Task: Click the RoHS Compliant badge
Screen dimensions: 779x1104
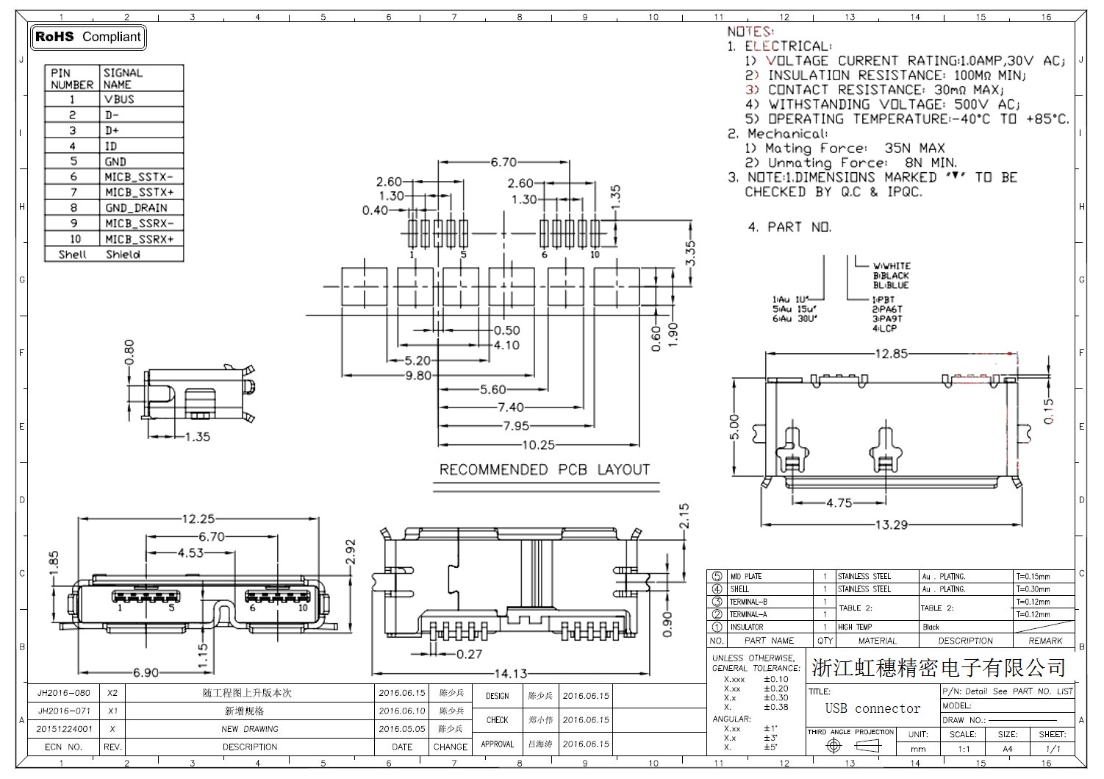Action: [x=88, y=37]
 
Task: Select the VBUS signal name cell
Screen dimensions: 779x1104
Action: [x=119, y=99]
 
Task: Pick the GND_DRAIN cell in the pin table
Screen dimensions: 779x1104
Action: [x=136, y=208]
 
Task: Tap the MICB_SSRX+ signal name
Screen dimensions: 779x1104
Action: [x=139, y=240]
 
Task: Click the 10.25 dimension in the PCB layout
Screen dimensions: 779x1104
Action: [x=539, y=444]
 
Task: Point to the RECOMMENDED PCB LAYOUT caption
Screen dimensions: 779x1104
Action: [x=545, y=469]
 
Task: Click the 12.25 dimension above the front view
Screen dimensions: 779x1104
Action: [x=198, y=519]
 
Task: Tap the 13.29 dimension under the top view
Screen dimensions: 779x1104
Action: [x=891, y=524]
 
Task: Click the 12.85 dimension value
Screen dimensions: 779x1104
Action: [x=891, y=354]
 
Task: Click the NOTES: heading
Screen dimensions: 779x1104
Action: [x=750, y=32]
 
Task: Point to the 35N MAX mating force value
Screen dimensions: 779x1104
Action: [x=914, y=148]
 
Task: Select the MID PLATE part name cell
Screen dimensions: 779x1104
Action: [x=746, y=577]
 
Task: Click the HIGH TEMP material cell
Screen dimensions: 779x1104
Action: [x=855, y=627]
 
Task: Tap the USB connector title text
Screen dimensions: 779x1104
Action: [x=872, y=708]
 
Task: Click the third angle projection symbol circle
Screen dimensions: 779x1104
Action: [x=833, y=746]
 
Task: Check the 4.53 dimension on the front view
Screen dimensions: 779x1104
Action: [x=190, y=552]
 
